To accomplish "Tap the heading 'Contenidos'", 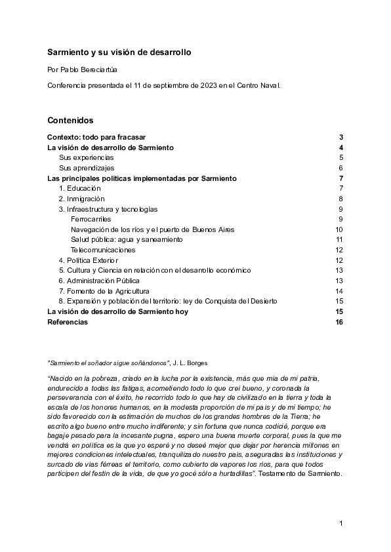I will (70, 121).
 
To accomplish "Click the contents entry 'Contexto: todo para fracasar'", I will (101, 137).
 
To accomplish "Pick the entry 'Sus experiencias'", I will (87, 157).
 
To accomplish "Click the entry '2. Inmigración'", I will (82, 199).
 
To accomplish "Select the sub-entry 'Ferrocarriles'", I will (91, 219).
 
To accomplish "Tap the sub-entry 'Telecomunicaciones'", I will (103, 250).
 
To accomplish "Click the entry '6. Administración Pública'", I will (99, 281).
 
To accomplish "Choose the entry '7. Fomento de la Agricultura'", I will (104, 291).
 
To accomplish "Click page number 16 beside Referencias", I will (339, 322).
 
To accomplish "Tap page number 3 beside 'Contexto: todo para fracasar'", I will (341, 137).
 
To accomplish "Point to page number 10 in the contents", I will (339, 229).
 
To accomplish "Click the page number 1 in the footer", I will (341, 522).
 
